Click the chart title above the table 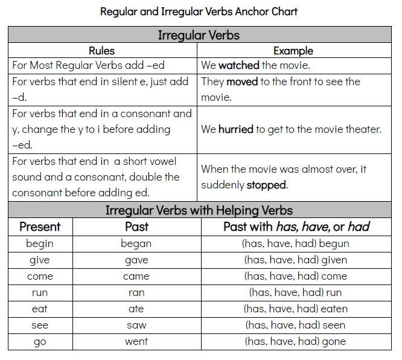(199, 11)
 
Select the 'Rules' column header (101, 51)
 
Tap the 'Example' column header (293, 51)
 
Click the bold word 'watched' (238, 65)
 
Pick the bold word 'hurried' (236, 129)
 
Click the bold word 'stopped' (266, 185)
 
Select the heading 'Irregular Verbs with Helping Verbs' (199, 210)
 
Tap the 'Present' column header (40, 227)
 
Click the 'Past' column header (136, 227)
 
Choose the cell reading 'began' (136, 244)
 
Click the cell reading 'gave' (136, 260)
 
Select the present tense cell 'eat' (40, 309)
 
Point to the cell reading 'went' (136, 341)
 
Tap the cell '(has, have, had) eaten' (295, 309)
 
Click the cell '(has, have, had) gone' (295, 341)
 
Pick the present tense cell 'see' (40, 325)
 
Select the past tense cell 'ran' (136, 292)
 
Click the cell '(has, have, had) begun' (295, 244)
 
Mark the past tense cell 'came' (136, 277)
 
